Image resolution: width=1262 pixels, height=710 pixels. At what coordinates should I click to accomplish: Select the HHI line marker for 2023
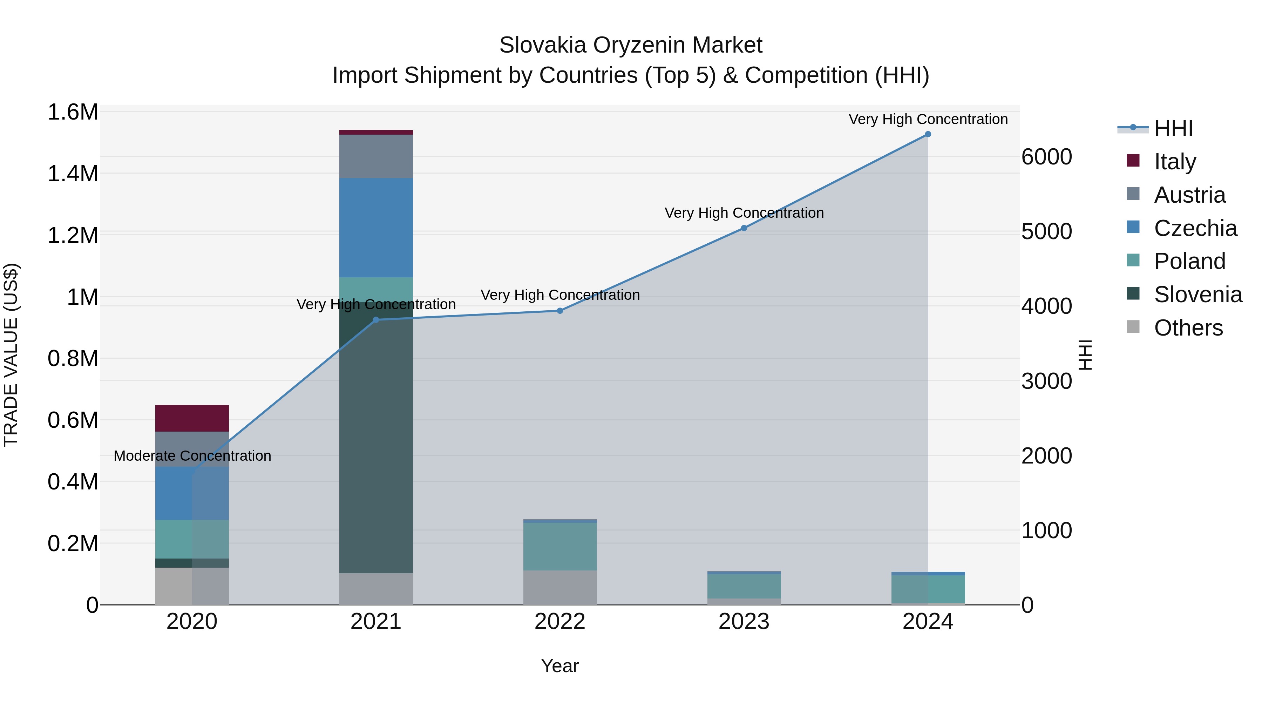744,228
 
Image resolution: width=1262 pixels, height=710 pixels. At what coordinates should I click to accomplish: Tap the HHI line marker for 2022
560,311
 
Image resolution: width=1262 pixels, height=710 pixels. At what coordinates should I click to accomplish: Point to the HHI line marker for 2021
376,320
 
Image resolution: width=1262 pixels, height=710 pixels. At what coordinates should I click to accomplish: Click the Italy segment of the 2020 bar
192,418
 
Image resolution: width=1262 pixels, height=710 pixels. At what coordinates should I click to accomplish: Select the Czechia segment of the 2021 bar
376,228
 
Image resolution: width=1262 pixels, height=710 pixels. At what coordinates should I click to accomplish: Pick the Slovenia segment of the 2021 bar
376,441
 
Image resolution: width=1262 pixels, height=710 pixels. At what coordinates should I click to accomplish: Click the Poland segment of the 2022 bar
560,546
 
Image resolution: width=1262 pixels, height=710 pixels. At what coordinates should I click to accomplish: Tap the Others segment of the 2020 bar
192,586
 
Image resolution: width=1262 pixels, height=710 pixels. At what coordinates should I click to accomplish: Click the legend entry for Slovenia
1197,295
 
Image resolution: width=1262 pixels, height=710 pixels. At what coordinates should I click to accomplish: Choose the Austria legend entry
1189,195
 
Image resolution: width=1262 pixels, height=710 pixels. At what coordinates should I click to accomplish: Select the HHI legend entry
1173,128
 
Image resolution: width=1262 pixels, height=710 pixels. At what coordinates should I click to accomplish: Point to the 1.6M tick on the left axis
73,112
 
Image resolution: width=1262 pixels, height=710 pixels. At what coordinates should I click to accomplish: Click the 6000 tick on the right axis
1046,157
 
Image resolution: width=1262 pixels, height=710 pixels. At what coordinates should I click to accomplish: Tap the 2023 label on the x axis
744,622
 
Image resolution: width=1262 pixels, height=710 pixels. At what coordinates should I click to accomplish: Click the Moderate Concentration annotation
192,456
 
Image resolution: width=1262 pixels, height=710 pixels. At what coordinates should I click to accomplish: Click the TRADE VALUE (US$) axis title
11,355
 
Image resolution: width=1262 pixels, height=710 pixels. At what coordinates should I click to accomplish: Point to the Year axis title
559,666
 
